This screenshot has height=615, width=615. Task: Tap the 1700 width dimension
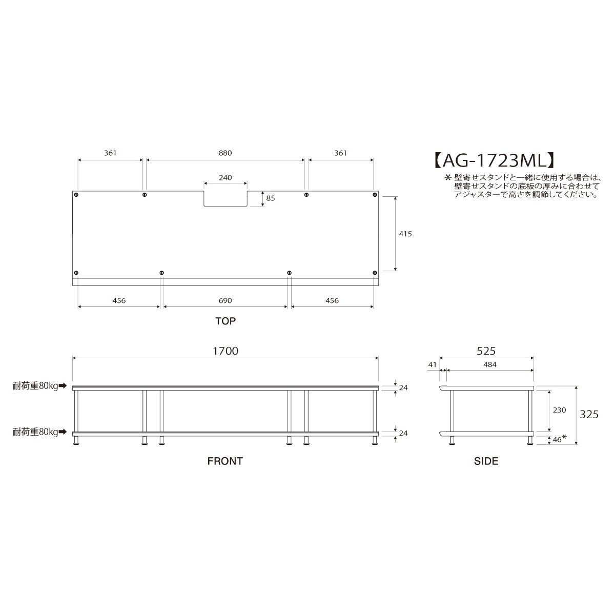225,351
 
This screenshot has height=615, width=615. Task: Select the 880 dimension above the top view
225,153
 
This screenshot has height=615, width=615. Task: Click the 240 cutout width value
225,178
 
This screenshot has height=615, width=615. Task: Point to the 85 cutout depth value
271,198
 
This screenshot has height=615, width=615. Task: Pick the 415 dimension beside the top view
405,233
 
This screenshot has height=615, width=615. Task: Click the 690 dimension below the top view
225,300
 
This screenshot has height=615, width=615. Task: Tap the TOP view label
225,321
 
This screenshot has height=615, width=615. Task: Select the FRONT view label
225,461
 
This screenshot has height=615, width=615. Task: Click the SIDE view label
486,461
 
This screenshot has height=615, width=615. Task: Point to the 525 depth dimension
486,351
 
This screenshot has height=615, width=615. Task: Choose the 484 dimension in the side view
489,364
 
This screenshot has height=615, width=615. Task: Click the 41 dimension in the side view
432,364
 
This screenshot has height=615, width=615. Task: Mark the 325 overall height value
589,414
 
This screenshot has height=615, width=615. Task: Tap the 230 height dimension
560,410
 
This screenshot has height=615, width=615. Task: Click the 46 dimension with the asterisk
558,439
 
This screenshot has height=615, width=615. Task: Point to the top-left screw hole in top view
76,195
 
